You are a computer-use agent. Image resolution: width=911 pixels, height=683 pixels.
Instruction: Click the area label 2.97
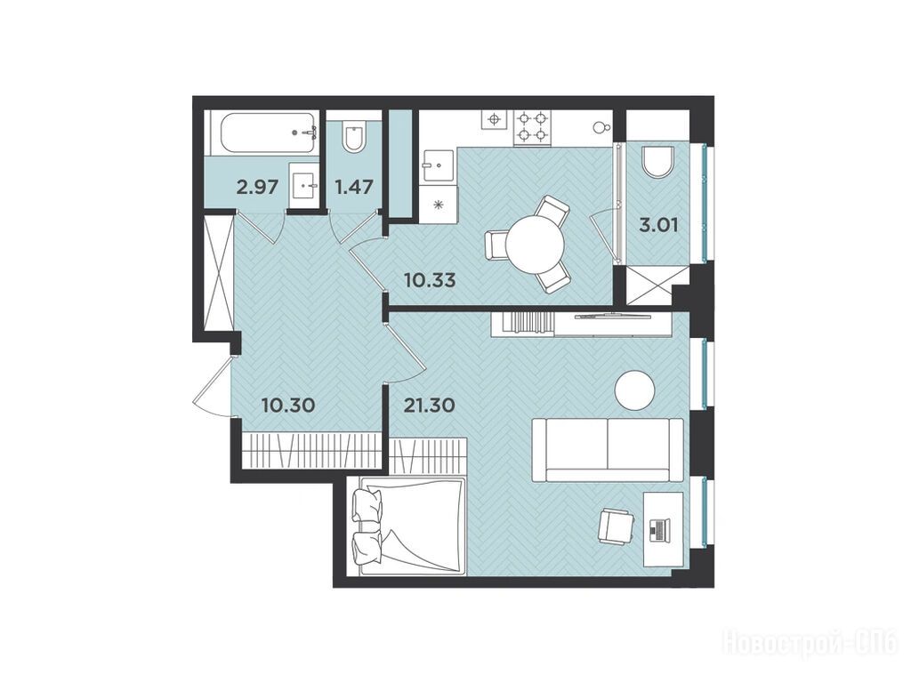pyautogui.click(x=257, y=188)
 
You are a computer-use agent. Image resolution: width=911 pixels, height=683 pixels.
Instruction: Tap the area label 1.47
pyautogui.click(x=352, y=188)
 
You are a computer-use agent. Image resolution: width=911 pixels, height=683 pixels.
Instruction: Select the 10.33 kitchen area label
pyautogui.click(x=430, y=280)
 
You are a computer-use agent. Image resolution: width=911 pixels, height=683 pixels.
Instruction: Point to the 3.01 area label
pyautogui.click(x=658, y=225)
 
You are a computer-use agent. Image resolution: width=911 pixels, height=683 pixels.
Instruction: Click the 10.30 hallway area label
pyautogui.click(x=288, y=405)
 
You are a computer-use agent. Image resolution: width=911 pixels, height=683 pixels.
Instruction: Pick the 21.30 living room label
pyautogui.click(x=430, y=405)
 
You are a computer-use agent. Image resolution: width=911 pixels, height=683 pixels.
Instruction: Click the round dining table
pyautogui.click(x=535, y=244)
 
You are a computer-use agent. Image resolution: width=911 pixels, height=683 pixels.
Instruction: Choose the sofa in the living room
pyautogui.click(x=608, y=449)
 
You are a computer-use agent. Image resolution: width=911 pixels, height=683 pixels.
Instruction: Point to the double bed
pyautogui.click(x=407, y=525)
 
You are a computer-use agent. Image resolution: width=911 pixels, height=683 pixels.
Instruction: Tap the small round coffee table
pyautogui.click(x=635, y=390)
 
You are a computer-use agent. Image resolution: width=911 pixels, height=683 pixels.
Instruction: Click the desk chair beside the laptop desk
pyautogui.click(x=614, y=526)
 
